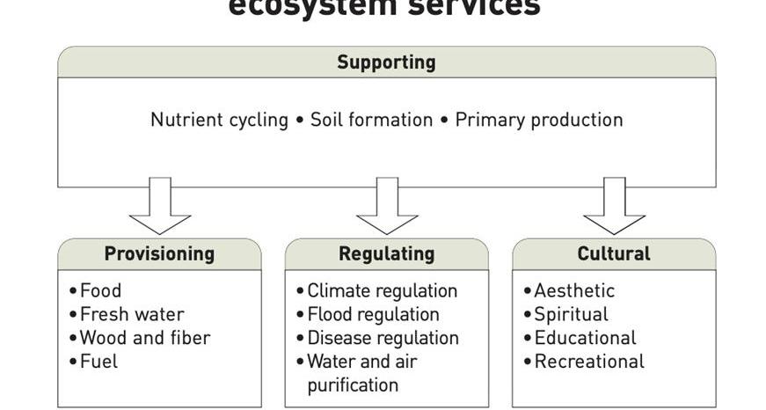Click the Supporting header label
pos(386,62)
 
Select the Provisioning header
pos(159,254)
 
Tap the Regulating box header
pos(386,254)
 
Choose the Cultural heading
pos(614,254)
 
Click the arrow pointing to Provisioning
pos(159,208)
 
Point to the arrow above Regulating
pos(387,208)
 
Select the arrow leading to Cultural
pos(614,208)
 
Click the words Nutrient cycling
pos(219,120)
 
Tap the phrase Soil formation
pos(371,120)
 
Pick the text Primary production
pos(538,120)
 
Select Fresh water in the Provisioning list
pos(131,314)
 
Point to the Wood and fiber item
pos(144,338)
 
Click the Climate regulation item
pos(382,290)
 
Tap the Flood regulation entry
pos(373,314)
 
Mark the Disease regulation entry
pos(383,338)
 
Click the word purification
pos(353,385)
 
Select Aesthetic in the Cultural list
pos(574,290)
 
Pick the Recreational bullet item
pos(589,362)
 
